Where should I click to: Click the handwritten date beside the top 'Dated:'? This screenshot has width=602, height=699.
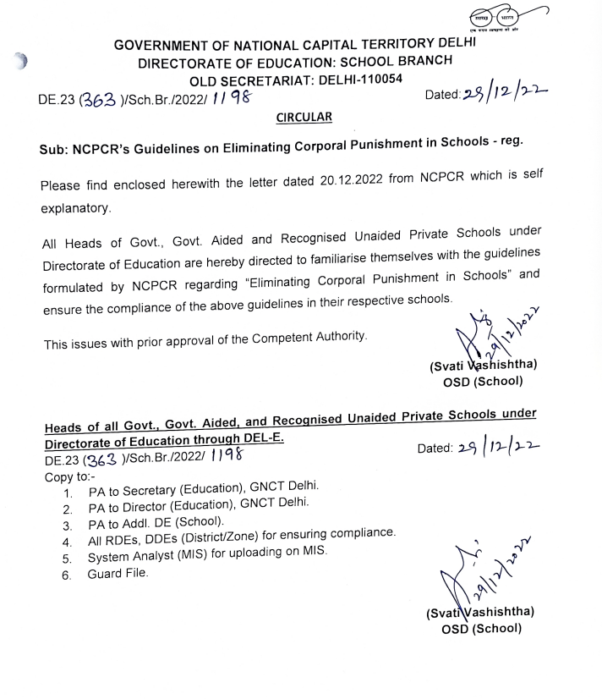point(501,94)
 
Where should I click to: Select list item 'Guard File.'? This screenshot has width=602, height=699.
point(118,575)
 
